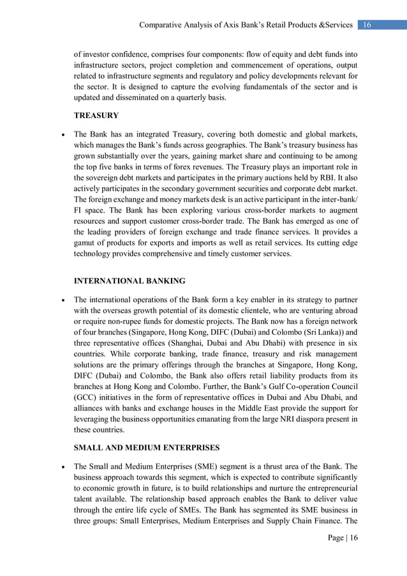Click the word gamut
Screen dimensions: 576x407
86,243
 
